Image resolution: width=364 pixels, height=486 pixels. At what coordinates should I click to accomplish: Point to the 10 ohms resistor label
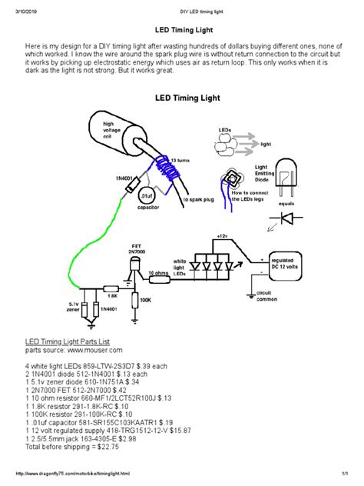coord(159,272)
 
